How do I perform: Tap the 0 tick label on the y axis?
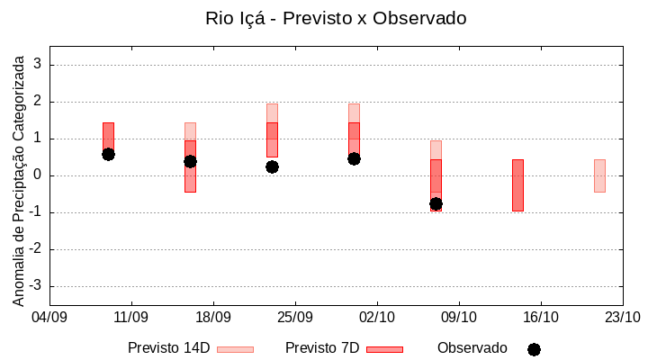pyautogui.click(x=38, y=175)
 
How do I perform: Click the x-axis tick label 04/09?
pyautogui.click(x=49, y=317)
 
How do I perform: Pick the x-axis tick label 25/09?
pyautogui.click(x=294, y=317)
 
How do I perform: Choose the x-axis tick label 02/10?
pyautogui.click(x=376, y=317)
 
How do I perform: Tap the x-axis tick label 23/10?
pyautogui.click(x=622, y=317)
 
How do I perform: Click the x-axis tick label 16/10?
pyautogui.click(x=540, y=317)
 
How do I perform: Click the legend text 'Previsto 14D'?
pyautogui.click(x=168, y=348)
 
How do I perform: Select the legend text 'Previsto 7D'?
pyautogui.click(x=322, y=348)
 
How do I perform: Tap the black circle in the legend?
pyautogui.click(x=534, y=349)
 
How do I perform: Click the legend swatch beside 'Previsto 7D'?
pyautogui.click(x=384, y=349)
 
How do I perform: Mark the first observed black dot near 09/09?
pyautogui.click(x=108, y=154)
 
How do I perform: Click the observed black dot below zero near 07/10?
pyautogui.click(x=436, y=203)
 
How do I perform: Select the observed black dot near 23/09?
pyautogui.click(x=272, y=166)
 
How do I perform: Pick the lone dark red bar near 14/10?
pyautogui.click(x=517, y=185)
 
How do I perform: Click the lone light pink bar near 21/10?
pyautogui.click(x=599, y=175)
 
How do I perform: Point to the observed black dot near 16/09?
pyautogui.click(x=190, y=161)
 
